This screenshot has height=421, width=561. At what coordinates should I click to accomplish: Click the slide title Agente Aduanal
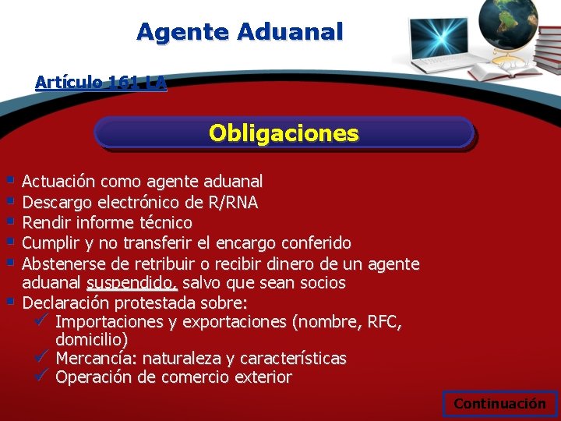click(239, 32)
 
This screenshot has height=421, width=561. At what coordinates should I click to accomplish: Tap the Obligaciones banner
click(284, 133)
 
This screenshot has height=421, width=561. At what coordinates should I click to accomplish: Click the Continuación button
click(499, 403)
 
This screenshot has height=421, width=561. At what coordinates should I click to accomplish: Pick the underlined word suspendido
click(132, 282)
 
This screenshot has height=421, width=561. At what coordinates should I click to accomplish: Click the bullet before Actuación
click(9, 180)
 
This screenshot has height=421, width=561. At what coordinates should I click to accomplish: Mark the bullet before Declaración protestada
click(9, 301)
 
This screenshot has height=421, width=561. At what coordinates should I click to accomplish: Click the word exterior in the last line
click(264, 378)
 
